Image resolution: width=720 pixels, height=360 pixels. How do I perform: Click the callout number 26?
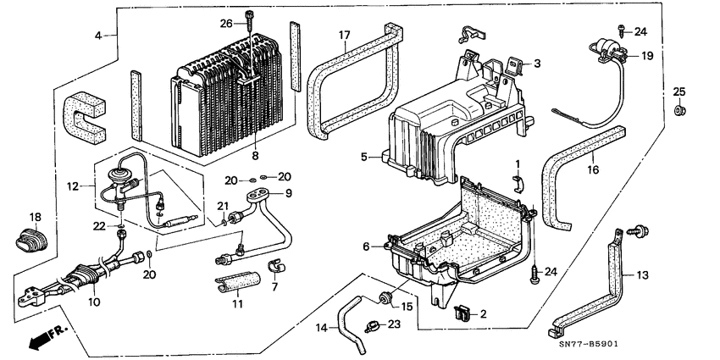coord(224,23)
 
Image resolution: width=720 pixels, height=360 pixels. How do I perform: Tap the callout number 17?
coord(345,35)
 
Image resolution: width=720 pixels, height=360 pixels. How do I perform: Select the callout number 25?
coord(678,91)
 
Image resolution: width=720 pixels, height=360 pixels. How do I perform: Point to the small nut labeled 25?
coord(679,111)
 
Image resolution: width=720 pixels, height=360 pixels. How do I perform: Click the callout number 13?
coord(642,275)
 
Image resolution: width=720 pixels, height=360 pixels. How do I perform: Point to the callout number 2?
coord(484,313)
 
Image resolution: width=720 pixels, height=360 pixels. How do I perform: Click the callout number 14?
coord(322,328)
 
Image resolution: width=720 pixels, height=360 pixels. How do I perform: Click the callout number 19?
coord(645,56)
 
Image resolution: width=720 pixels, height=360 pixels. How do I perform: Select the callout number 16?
coord(594,170)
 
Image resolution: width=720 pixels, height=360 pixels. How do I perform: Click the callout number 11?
coord(236,302)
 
